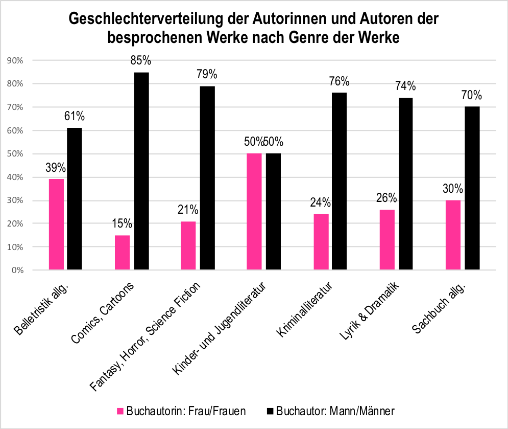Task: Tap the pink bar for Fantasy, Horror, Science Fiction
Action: click(188, 245)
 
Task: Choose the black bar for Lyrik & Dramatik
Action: click(405, 184)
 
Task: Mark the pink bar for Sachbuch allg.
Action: click(453, 235)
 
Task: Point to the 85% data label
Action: click(141, 61)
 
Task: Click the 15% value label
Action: click(122, 223)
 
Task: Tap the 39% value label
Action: click(56, 167)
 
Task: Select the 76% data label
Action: click(340, 81)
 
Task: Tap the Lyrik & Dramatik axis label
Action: click(369, 312)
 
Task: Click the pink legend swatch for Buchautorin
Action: click(121, 411)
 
